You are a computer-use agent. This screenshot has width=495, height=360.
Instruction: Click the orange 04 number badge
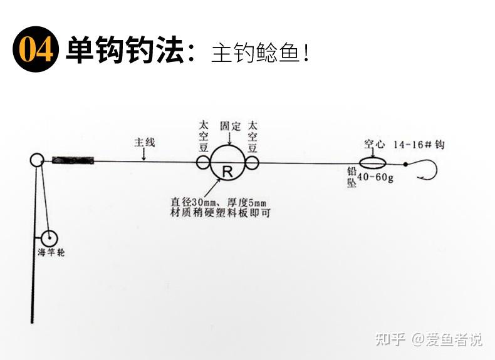pos(36,49)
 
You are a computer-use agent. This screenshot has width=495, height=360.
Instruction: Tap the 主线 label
pos(144,142)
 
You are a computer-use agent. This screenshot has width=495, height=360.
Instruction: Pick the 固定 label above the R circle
pos(230,126)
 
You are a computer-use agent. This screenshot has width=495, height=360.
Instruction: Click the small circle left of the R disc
pos(203,163)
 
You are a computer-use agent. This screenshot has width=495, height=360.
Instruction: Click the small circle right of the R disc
pos(252,163)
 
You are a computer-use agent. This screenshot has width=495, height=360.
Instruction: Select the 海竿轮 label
pos(51,253)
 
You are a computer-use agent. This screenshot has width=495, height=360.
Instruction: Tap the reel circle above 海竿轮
pos(49,237)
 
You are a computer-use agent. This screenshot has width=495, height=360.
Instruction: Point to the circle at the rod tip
pos(36,160)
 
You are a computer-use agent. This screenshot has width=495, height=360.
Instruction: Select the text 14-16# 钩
pos(419,145)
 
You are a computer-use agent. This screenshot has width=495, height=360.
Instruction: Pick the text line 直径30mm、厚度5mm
pos(219,202)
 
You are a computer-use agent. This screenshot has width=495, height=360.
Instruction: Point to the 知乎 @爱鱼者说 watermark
pos(429,339)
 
